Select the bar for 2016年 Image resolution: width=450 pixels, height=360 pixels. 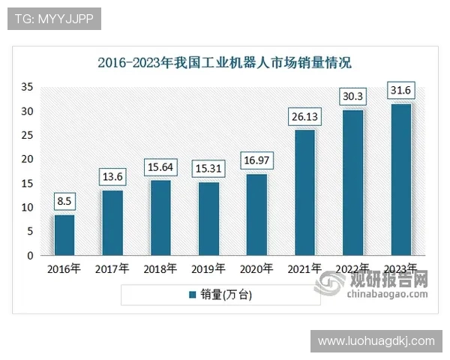coord(64,235)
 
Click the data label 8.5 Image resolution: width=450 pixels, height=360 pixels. coord(64,201)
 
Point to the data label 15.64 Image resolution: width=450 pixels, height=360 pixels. coord(160,166)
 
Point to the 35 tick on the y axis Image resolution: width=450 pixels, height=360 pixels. coord(27,87)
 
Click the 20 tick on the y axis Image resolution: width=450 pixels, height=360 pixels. coord(27,159)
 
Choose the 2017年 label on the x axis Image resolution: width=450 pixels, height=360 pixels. coord(112,268)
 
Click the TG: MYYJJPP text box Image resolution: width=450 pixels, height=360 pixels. coord(54,19)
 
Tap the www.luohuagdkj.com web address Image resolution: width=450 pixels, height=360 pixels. coord(376,340)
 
